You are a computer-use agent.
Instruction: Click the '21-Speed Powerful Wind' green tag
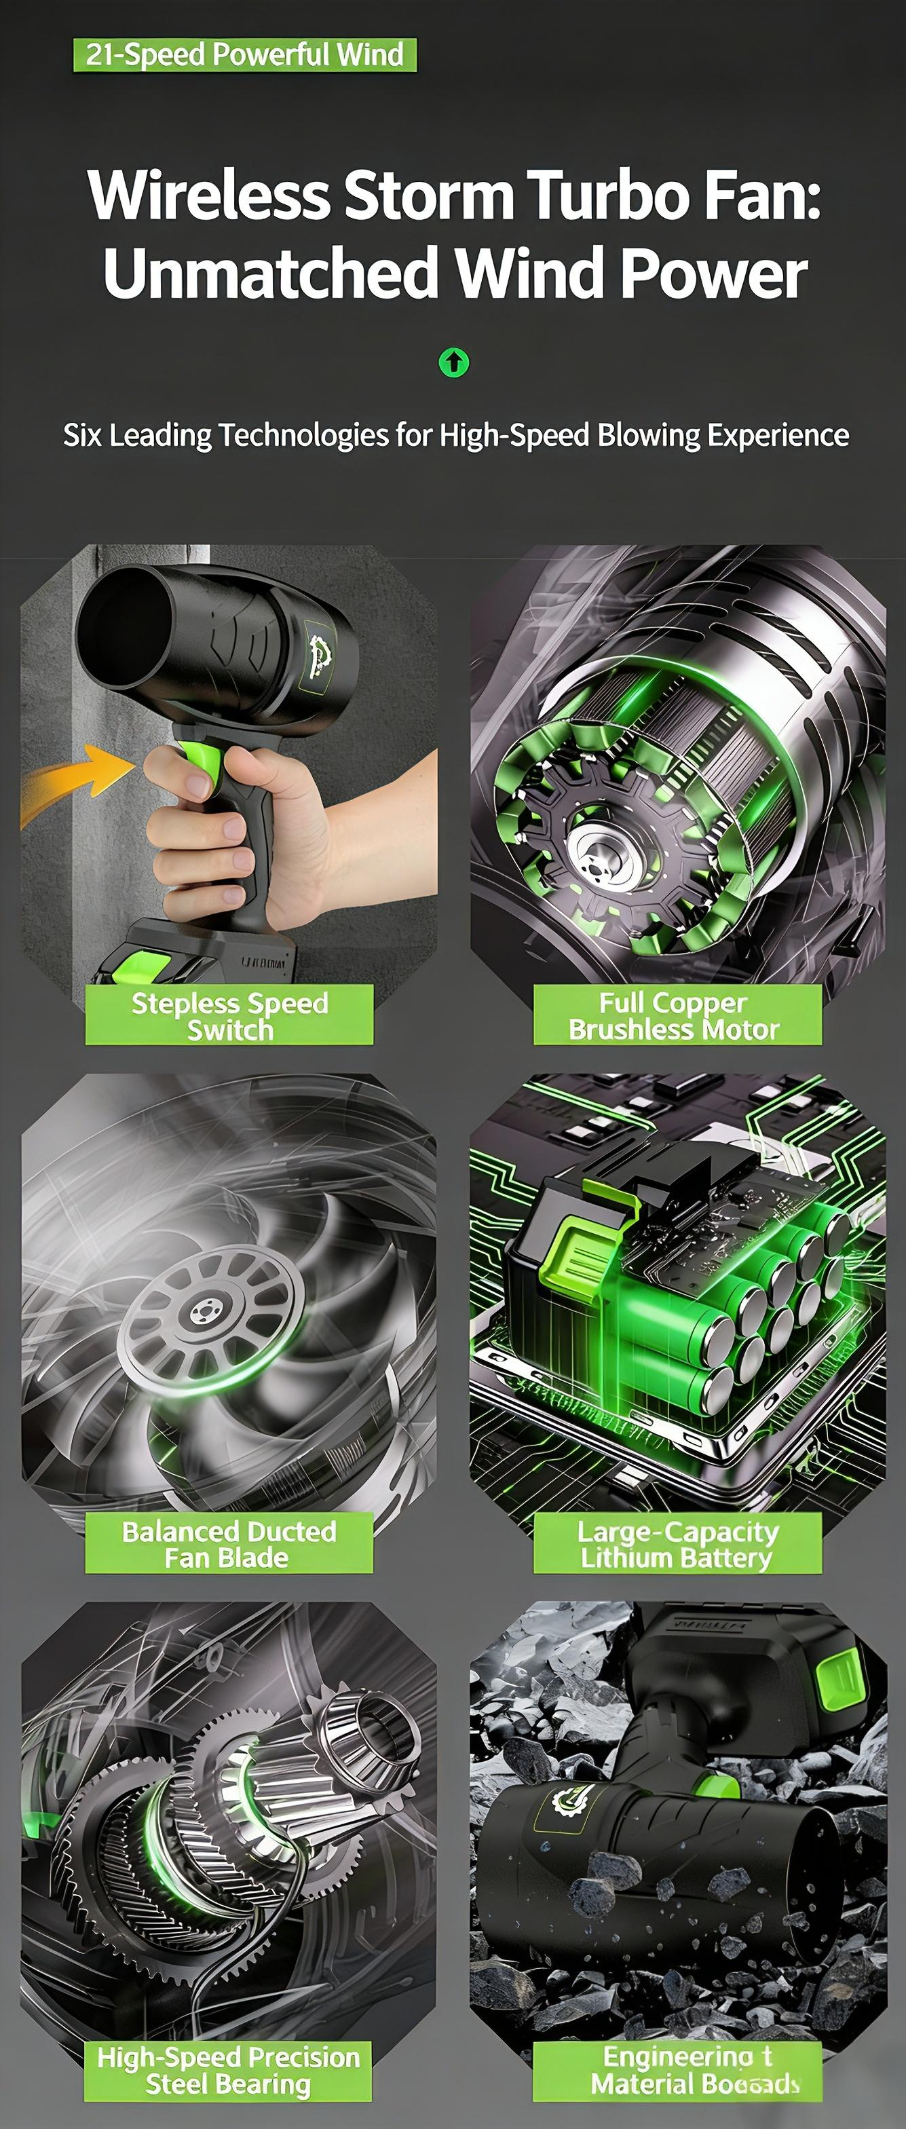click(245, 54)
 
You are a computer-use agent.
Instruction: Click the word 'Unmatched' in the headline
click(269, 274)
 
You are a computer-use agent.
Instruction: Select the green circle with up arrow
click(453, 362)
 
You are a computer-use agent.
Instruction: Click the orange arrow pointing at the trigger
click(75, 781)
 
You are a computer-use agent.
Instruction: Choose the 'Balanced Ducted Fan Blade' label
click(229, 1543)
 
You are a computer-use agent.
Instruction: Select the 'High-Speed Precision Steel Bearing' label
click(229, 2071)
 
